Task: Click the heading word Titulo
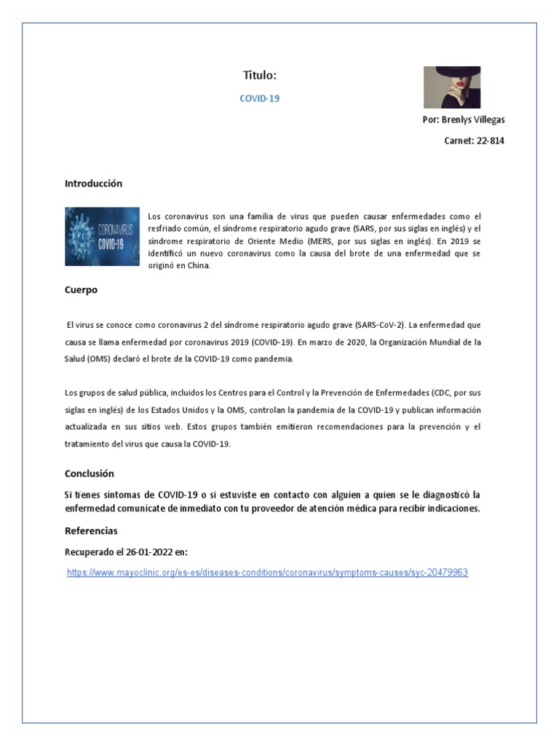pyautogui.click(x=259, y=75)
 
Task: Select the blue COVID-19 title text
pyautogui.click(x=259, y=98)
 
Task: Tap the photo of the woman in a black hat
pyautogui.click(x=451, y=87)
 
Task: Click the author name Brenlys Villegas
pyautogui.click(x=473, y=119)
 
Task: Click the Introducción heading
pyautogui.click(x=93, y=184)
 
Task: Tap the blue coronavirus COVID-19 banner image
pyautogui.click(x=102, y=237)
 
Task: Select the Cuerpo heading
pyautogui.click(x=81, y=290)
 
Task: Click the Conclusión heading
pyautogui.click(x=90, y=474)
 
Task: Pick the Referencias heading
pyautogui.click(x=91, y=531)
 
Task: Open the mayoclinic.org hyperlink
pyautogui.click(x=267, y=573)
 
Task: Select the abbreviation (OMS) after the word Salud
pyautogui.click(x=100, y=359)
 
